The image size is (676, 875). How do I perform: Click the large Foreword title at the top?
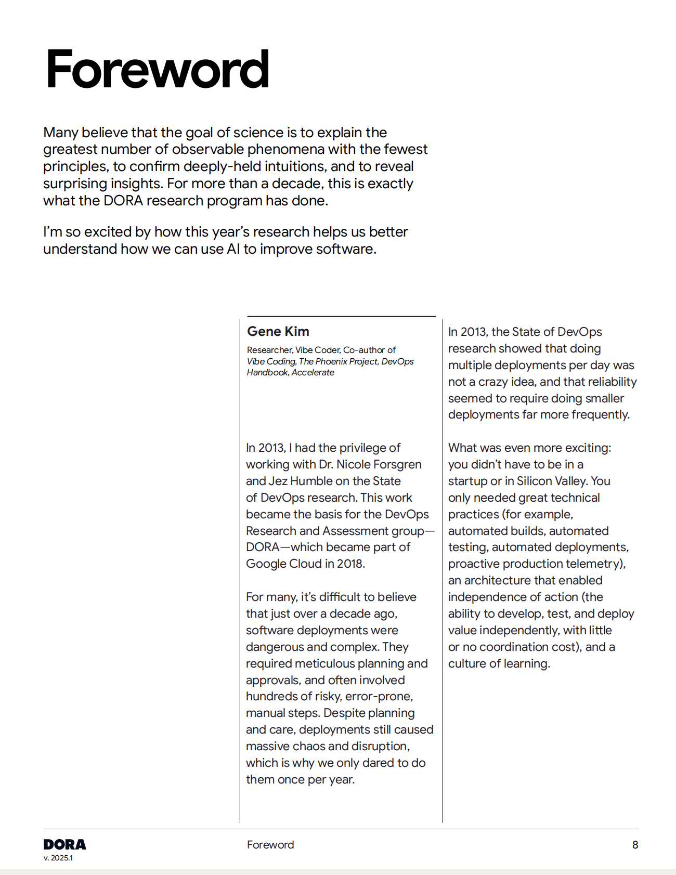point(157,70)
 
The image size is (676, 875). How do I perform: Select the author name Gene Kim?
point(278,331)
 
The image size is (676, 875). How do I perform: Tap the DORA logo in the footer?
point(64,844)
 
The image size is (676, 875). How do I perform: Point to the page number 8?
point(635,845)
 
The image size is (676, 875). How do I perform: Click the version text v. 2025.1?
point(58,858)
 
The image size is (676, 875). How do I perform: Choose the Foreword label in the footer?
point(270,845)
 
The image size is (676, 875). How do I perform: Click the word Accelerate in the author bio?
point(313,372)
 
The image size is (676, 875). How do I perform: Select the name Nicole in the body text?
point(354,464)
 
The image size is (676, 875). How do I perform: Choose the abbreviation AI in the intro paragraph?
point(233,249)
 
